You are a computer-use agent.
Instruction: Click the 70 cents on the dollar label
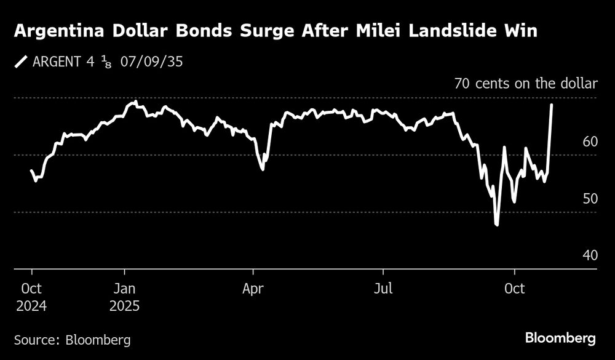[x=525, y=84]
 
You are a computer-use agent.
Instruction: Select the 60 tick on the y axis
[x=589, y=142]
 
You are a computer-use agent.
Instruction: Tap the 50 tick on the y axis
[x=589, y=199]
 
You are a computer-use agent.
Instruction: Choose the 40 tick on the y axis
[x=589, y=255]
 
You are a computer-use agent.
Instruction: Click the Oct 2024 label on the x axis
[x=32, y=297]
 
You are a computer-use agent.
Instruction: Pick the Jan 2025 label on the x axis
[x=125, y=297]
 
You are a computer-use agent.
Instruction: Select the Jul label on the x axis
[x=384, y=289]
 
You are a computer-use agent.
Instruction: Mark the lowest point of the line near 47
[x=496, y=225]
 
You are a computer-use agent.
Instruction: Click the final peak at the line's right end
[x=551, y=105]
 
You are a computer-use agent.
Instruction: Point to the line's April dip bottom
[x=263, y=169]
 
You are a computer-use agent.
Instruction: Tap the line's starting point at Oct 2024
[x=31, y=170]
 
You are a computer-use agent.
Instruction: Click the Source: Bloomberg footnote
[x=72, y=340]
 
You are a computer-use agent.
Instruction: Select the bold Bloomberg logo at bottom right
[x=560, y=338]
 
